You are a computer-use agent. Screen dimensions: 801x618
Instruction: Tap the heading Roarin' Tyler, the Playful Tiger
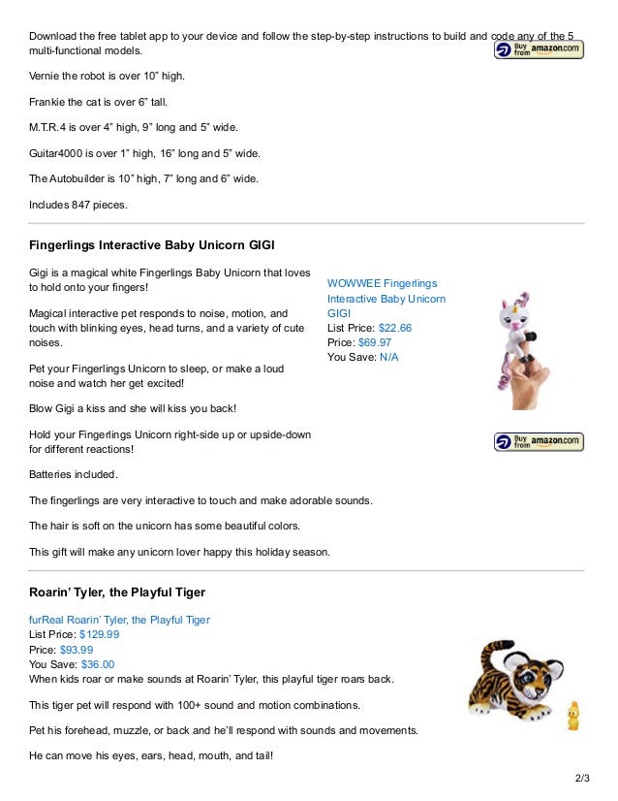point(117,592)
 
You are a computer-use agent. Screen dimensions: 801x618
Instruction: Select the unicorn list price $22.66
point(395,328)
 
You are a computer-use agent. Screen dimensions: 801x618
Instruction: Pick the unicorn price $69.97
point(375,342)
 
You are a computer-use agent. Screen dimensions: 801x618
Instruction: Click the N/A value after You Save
point(388,357)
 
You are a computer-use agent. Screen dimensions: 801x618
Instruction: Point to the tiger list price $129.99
point(99,634)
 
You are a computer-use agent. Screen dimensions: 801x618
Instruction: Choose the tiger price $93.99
point(77,650)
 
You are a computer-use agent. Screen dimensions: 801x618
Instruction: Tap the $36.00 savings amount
point(97,664)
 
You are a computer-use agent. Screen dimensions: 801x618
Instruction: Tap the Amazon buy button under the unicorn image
point(540,442)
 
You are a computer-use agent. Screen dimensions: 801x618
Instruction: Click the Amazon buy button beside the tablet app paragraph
point(539,49)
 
